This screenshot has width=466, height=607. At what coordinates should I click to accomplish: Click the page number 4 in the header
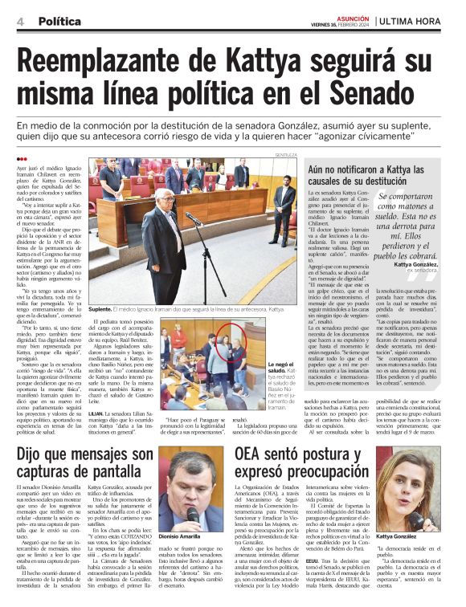point(19,21)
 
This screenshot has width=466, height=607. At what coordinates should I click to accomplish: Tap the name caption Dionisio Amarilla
point(185,536)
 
